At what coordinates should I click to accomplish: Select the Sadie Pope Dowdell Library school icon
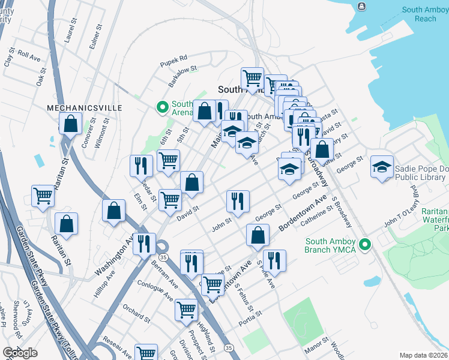pyautogui.click(x=382, y=167)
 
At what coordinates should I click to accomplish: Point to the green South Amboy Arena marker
pyautogui.click(x=161, y=107)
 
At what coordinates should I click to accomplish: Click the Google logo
pyautogui.click(x=20, y=353)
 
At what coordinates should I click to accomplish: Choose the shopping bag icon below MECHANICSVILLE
pyautogui.click(x=71, y=125)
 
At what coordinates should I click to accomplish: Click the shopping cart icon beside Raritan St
pyautogui.click(x=43, y=196)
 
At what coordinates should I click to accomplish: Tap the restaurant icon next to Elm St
pyautogui.click(x=142, y=165)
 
